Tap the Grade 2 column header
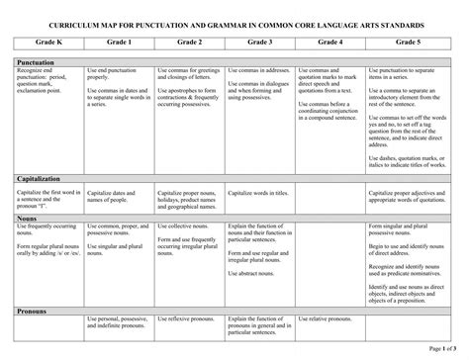point(190,44)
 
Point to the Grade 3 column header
point(261,44)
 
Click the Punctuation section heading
point(36,62)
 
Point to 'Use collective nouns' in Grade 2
point(183,228)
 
